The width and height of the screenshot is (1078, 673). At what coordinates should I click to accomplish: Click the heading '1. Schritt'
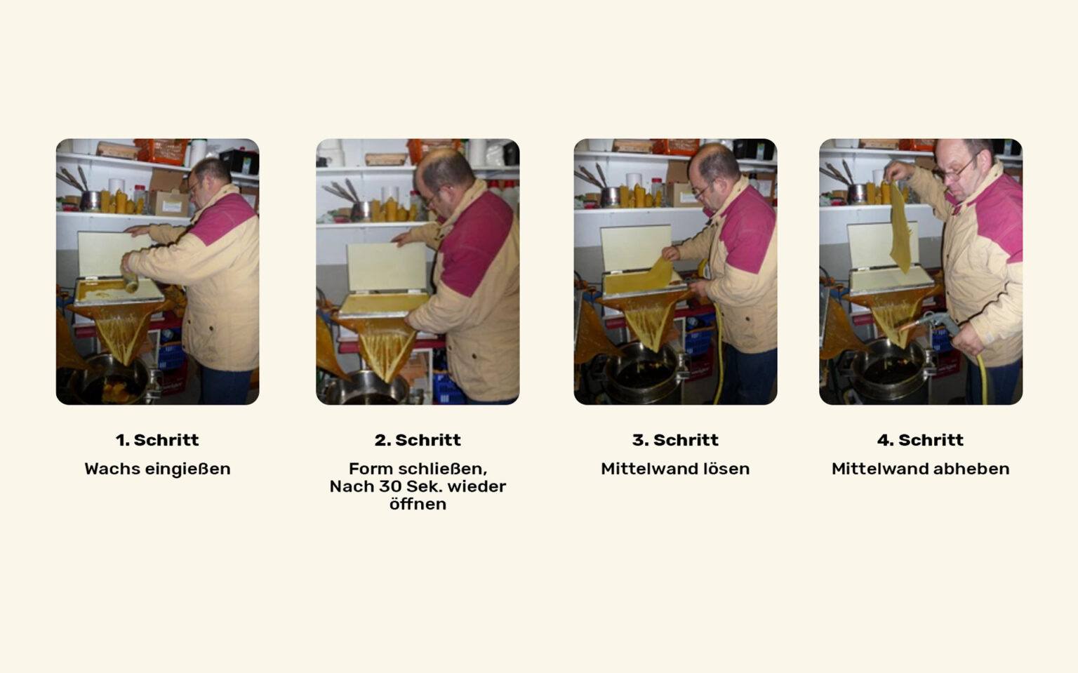click(x=157, y=440)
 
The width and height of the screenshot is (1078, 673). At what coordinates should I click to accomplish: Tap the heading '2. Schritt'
click(x=418, y=440)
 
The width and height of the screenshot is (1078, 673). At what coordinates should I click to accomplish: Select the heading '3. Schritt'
click(x=675, y=440)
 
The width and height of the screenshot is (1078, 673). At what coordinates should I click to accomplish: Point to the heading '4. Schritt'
click(x=920, y=440)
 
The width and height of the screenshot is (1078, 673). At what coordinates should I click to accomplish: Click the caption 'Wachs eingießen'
click(x=157, y=469)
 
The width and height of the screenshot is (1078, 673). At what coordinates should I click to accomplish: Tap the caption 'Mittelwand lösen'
click(x=675, y=469)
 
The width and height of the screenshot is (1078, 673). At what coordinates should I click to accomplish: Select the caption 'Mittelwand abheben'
click(x=920, y=469)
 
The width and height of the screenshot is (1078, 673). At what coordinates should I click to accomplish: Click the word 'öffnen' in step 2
click(x=418, y=504)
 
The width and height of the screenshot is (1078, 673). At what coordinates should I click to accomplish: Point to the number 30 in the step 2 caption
click(x=391, y=487)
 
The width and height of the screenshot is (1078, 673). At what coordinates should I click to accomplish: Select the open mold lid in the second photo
click(x=387, y=267)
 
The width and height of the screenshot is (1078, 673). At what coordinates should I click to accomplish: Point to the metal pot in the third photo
click(x=644, y=373)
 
